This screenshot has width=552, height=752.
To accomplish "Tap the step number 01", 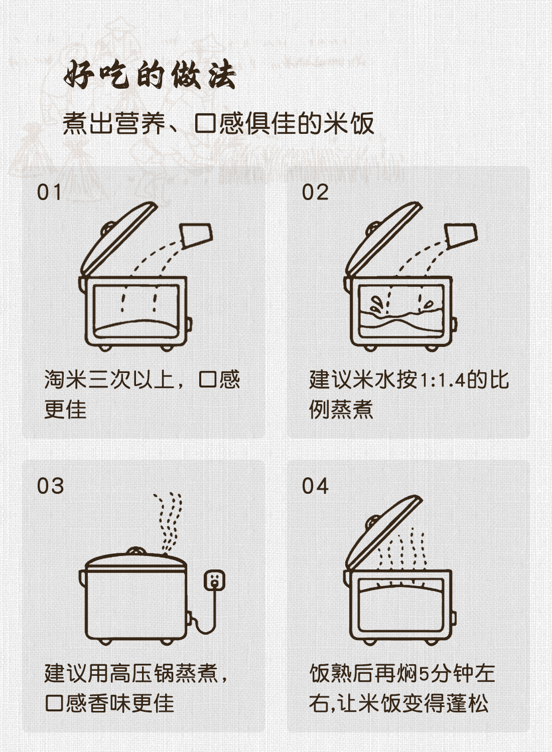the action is (x=49, y=193).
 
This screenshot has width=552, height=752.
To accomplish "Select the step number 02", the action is (x=315, y=193).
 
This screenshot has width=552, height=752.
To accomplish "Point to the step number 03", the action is (x=50, y=486).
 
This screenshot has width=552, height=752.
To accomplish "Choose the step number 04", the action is (x=315, y=486).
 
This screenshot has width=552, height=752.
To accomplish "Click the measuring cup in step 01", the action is (x=196, y=236).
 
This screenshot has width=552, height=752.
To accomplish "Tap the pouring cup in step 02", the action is (x=461, y=236).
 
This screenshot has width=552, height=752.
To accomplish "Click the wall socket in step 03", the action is (x=214, y=580).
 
